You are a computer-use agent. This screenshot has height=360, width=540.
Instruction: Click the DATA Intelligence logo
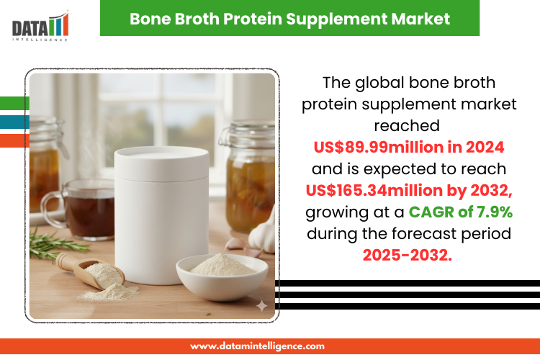40,26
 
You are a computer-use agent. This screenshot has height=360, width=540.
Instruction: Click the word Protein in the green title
253,19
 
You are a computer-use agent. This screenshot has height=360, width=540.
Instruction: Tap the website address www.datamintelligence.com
257,346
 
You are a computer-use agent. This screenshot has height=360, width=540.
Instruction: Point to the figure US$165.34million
374,190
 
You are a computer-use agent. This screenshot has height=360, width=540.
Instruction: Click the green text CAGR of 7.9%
461,212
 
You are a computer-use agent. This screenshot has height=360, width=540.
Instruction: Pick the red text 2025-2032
407,256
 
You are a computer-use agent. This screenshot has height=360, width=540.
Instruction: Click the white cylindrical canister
162,215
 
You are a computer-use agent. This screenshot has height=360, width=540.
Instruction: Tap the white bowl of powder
222,277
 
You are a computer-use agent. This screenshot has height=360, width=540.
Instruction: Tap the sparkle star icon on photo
261,305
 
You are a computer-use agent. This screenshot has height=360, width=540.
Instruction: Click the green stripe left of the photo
14,104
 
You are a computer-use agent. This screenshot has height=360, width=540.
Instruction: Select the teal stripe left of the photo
14,122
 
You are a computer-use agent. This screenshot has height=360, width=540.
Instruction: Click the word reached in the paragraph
407,126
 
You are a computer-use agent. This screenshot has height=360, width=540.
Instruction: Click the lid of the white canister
162,163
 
